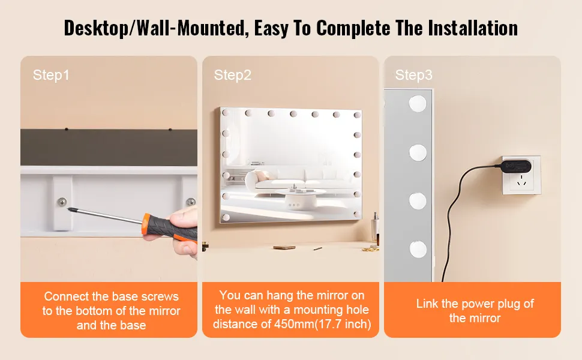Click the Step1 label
51,75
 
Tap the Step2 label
232,75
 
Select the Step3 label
413,75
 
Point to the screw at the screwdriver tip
62,202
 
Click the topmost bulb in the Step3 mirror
418,104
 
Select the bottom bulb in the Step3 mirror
418,248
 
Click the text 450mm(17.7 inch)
323,324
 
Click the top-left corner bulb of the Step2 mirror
226,112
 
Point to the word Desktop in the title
96,28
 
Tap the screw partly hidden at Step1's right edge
191,202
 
